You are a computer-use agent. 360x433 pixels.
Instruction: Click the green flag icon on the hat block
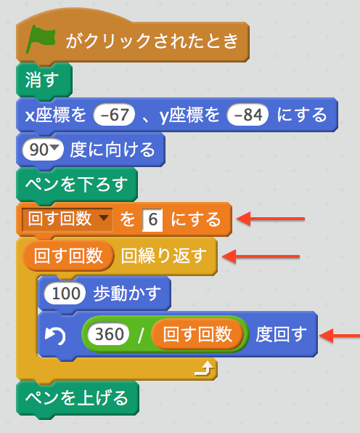pyautogui.click(x=40, y=39)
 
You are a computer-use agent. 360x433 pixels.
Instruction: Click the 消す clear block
pyautogui.click(x=44, y=81)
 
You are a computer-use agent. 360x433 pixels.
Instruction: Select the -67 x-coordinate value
pyautogui.click(x=114, y=115)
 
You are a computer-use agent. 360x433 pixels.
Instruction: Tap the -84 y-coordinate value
pyautogui.click(x=247, y=115)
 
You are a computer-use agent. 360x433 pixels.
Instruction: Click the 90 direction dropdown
pyautogui.click(x=43, y=150)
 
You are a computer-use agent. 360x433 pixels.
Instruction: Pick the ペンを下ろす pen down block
pyautogui.click(x=77, y=185)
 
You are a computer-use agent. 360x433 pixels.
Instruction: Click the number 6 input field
pyautogui.click(x=152, y=220)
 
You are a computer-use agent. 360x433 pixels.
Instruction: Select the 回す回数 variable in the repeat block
pyautogui.click(x=67, y=256)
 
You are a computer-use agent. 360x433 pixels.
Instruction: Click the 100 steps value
pyautogui.click(x=65, y=294)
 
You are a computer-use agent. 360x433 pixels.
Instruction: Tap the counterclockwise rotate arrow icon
pyautogui.click(x=55, y=335)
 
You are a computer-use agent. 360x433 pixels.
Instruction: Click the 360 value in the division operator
pyautogui.click(x=109, y=334)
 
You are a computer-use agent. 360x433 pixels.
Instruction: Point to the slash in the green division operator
pyautogui.click(x=141, y=334)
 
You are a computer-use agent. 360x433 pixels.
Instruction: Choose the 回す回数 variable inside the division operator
pyautogui.click(x=197, y=334)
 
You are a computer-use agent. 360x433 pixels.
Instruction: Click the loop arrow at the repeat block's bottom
pyautogui.click(x=204, y=368)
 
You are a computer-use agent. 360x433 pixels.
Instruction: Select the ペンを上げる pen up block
pyautogui.click(x=78, y=398)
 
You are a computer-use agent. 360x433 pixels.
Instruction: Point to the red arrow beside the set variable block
pyautogui.click(x=271, y=219)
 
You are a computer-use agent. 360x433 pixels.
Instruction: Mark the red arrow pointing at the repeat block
pyautogui.click(x=261, y=256)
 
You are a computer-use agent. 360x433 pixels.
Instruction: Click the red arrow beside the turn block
pyautogui.click(x=340, y=336)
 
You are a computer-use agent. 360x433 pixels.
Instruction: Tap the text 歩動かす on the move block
pyautogui.click(x=127, y=294)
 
